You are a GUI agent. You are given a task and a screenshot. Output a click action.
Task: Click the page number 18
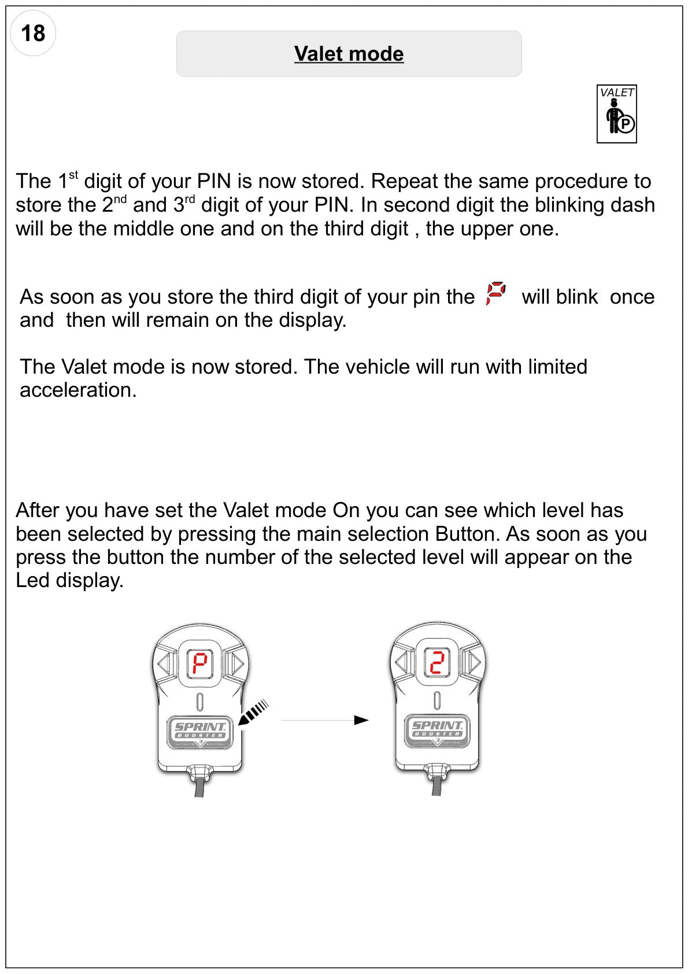[33, 33]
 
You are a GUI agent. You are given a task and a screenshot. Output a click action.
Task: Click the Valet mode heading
[349, 54]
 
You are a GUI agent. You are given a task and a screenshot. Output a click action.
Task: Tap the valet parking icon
[616, 114]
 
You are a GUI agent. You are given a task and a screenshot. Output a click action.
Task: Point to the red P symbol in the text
[496, 293]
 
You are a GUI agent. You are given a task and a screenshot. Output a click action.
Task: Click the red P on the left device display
[200, 663]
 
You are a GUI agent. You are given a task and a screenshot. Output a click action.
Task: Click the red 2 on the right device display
[437, 662]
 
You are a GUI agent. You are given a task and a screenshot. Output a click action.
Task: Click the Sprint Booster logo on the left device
[200, 732]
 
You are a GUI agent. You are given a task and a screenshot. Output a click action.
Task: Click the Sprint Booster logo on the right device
[437, 731]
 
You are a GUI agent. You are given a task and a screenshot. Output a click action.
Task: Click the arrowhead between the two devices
[361, 720]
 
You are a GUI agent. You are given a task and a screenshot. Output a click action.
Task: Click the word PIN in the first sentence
[214, 181]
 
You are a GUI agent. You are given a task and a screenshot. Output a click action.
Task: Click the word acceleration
[78, 390]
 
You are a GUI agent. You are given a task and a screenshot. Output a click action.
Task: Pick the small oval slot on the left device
[200, 702]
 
